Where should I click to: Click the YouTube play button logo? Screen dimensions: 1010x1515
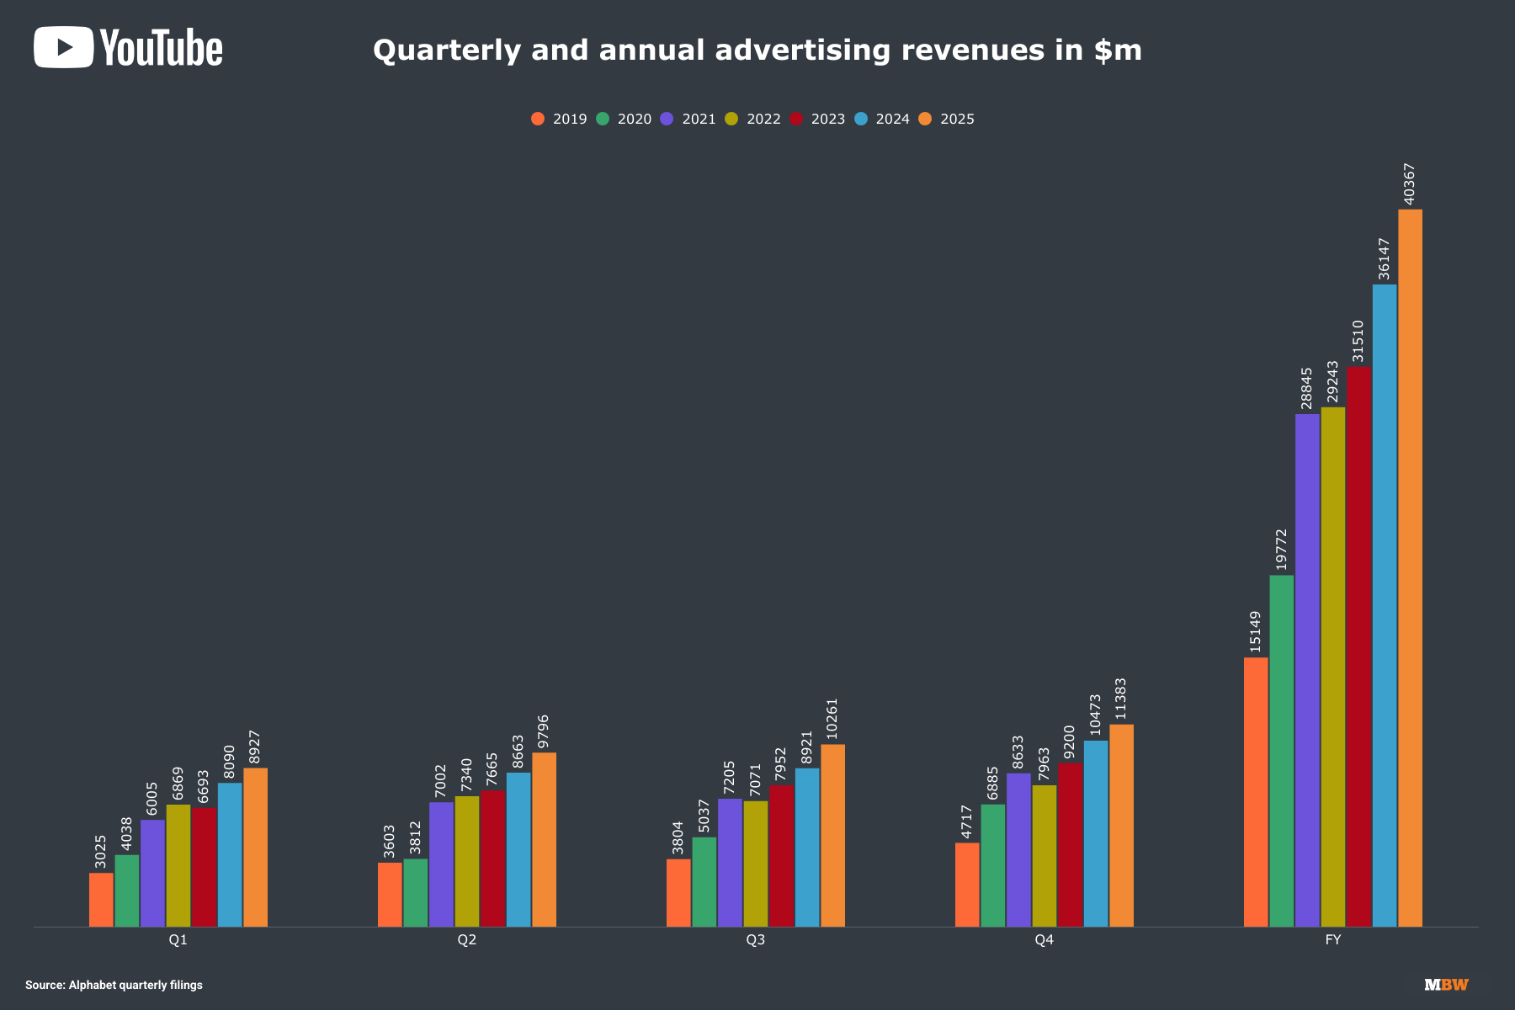pyautogui.click(x=63, y=47)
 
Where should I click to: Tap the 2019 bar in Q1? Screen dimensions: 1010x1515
pyautogui.click(x=101, y=900)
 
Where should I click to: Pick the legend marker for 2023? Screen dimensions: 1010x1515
pyautogui.click(x=795, y=119)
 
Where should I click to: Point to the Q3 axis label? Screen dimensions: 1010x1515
pyautogui.click(x=755, y=939)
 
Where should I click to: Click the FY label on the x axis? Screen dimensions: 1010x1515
pyautogui.click(x=1332, y=939)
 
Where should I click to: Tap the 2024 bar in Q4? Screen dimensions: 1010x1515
pyautogui.click(x=1096, y=833)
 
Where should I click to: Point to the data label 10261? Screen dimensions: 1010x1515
pyautogui.click(x=832, y=720)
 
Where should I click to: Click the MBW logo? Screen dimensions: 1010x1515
pyautogui.click(x=1446, y=985)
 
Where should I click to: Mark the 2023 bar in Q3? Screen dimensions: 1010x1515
pyautogui.click(x=781, y=856)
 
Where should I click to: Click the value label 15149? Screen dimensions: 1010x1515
pyautogui.click(x=1255, y=631)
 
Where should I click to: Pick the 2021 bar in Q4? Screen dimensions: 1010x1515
pyautogui.click(x=1018, y=850)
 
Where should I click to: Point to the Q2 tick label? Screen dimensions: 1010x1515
pyautogui.click(x=466, y=939)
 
